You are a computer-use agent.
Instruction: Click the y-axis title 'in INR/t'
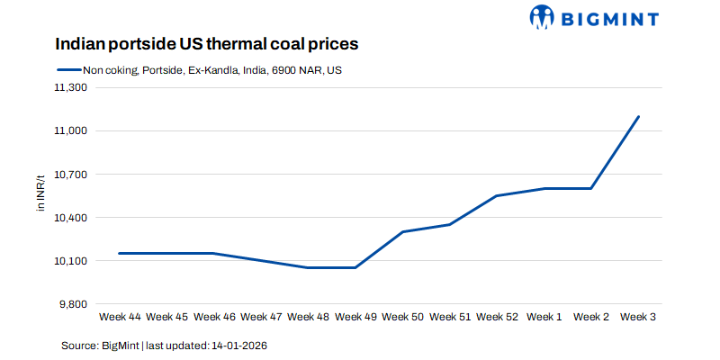[40, 196]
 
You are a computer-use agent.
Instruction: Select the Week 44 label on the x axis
[120, 317]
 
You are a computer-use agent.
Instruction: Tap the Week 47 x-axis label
[261, 317]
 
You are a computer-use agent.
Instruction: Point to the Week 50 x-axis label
[402, 317]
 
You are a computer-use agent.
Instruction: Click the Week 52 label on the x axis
[497, 317]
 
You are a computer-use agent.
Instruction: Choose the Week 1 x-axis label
[544, 317]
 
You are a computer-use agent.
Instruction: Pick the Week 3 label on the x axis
[638, 317]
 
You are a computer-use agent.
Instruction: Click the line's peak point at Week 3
[638, 117]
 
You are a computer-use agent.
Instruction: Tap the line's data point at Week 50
[402, 232]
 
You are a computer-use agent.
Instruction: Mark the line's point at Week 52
[497, 195]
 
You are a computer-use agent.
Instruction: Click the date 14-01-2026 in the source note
[238, 346]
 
